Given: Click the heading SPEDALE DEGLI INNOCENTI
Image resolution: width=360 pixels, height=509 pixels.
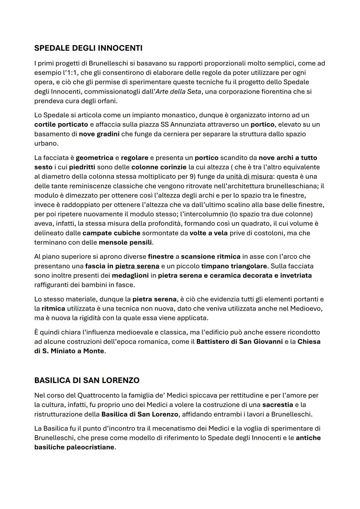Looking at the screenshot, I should point(88,48).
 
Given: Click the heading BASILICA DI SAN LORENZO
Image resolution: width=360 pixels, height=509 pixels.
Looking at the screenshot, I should point(87,380).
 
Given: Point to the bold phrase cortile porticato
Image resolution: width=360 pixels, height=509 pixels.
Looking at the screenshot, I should point(61,125).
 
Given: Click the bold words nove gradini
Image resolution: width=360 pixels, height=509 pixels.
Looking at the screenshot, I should point(99,134).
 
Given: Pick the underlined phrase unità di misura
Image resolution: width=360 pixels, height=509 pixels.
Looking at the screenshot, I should point(249,176).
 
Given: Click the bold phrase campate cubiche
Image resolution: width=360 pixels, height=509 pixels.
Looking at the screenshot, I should point(111,233).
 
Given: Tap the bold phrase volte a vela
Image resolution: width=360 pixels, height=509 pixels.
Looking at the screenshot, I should point(208,233).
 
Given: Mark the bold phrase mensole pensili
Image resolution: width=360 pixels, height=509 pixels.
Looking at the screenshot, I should point(125,242).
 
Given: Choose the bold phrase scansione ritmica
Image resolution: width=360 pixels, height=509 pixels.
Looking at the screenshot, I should point(211,257).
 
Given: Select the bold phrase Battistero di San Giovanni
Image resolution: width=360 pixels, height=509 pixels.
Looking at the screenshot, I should point(239,342).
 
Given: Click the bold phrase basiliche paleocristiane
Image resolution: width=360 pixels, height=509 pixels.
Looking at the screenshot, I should point(74,447).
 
